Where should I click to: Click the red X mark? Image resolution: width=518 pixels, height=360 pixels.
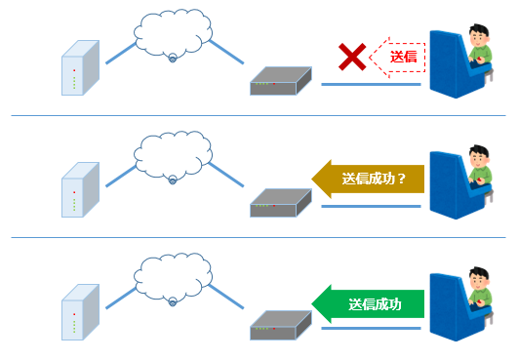coord(352,59)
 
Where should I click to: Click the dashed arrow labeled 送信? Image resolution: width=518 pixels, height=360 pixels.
coord(401,58)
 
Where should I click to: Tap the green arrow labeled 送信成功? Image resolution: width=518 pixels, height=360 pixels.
coord(368,303)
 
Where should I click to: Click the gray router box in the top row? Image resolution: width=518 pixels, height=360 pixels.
coord(280,81)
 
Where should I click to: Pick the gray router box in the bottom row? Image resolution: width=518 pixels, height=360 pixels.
coord(280,325)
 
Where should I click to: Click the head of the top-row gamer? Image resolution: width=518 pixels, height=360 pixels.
coord(479,38)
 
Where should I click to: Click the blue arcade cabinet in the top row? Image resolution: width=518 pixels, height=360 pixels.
coord(452,73)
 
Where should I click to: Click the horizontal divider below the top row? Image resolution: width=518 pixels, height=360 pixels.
coord(259,115)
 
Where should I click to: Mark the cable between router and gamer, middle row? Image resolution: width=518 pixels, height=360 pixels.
coord(371,206)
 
